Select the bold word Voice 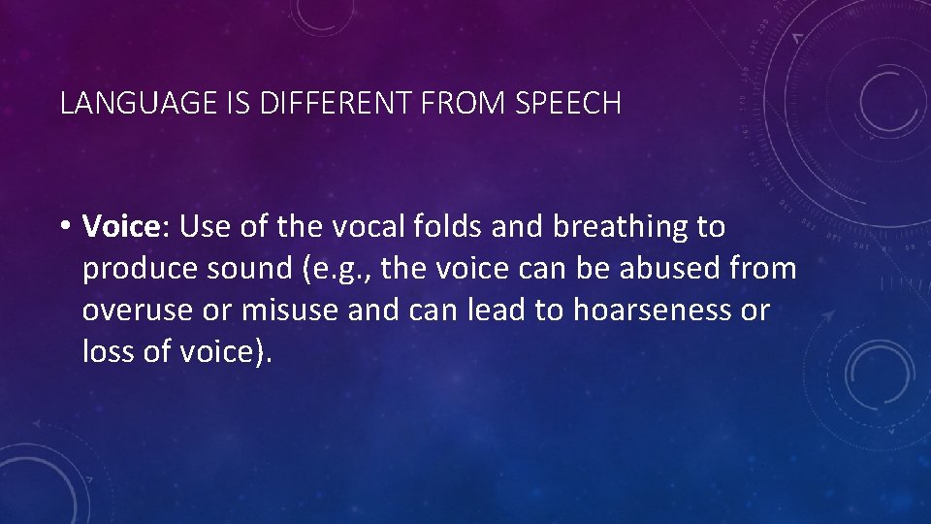(x=120, y=227)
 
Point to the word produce (x=137, y=270)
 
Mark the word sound (x=241, y=269)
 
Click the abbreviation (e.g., (x=337, y=270)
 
